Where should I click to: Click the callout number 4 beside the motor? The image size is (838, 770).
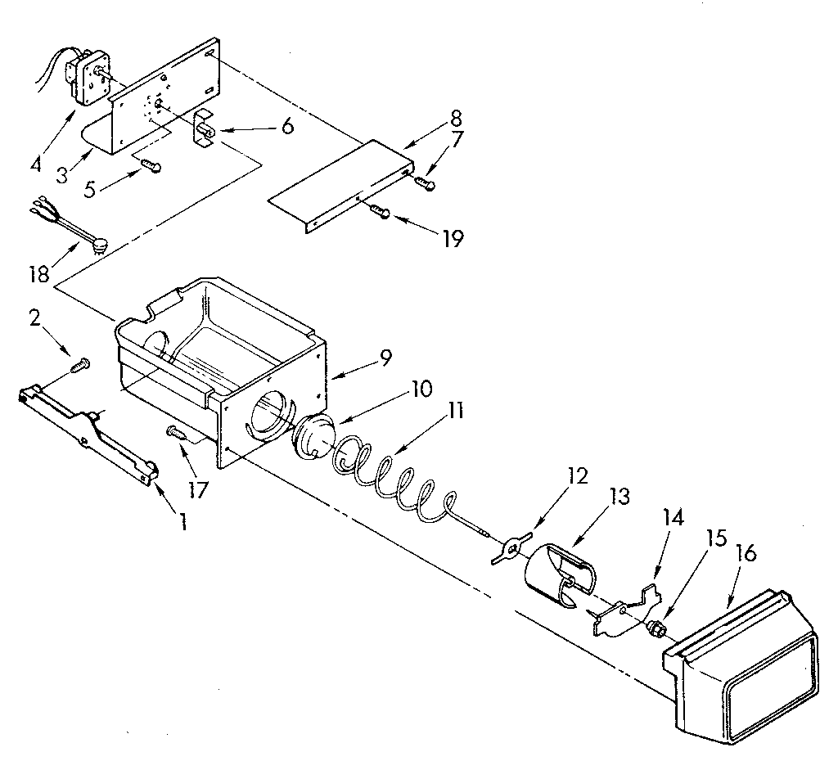(x=35, y=164)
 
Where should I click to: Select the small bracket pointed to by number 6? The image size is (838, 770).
(x=204, y=129)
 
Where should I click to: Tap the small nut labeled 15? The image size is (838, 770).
(x=655, y=629)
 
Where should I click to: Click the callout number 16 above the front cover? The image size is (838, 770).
(x=746, y=555)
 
